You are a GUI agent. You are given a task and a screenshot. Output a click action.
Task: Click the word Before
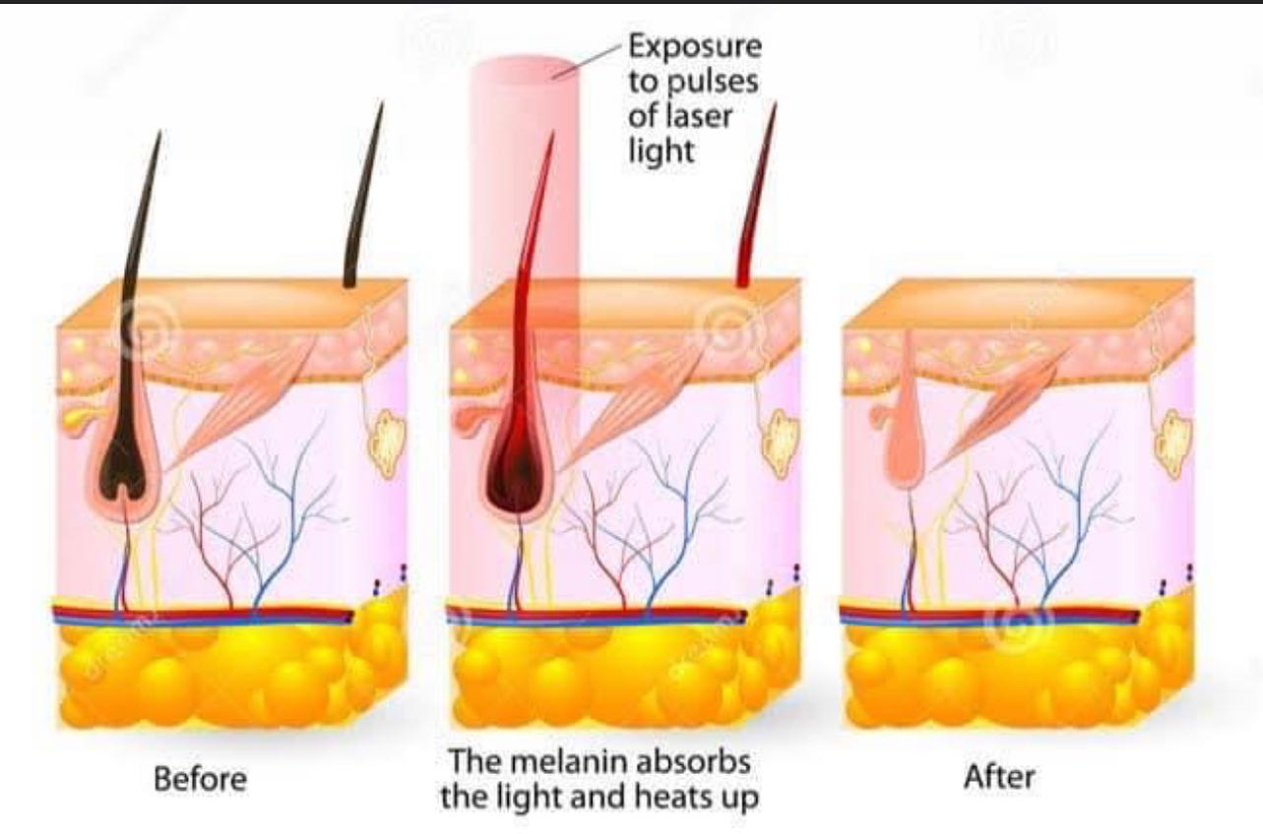coord(200,780)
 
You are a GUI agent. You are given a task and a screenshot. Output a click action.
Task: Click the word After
coord(999,778)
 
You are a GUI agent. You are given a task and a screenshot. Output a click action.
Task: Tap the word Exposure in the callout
coord(695,47)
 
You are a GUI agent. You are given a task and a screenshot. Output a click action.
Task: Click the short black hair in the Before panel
coord(362,195)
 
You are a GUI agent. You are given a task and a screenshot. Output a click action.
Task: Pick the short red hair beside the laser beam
coord(756,195)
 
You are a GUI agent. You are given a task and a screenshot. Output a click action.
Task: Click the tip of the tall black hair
coord(159,131)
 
